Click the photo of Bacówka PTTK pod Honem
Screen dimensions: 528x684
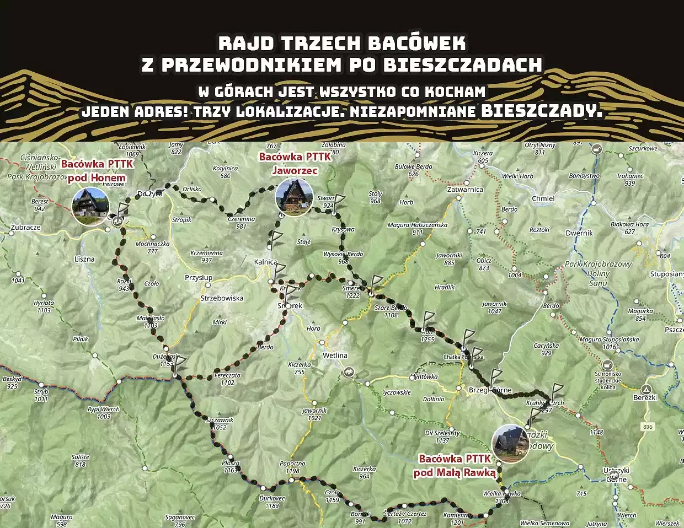coord(91,207)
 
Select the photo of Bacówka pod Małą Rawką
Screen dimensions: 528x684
coord(510,444)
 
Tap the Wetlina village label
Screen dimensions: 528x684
coord(335,355)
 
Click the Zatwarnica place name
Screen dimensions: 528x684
coord(465,189)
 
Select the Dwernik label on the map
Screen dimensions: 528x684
coord(579,233)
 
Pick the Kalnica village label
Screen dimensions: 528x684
coord(265,262)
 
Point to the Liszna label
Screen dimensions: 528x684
coord(84,259)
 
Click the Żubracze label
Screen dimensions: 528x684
coord(25,227)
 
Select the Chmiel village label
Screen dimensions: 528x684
coord(543,198)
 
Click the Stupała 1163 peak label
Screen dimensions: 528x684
coord(231,466)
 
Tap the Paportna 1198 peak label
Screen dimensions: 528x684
coord(292,467)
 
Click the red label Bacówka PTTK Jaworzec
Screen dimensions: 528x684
coord(295,164)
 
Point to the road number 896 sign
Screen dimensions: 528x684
coord(647,427)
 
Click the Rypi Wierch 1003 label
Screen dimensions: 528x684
coord(103,413)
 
